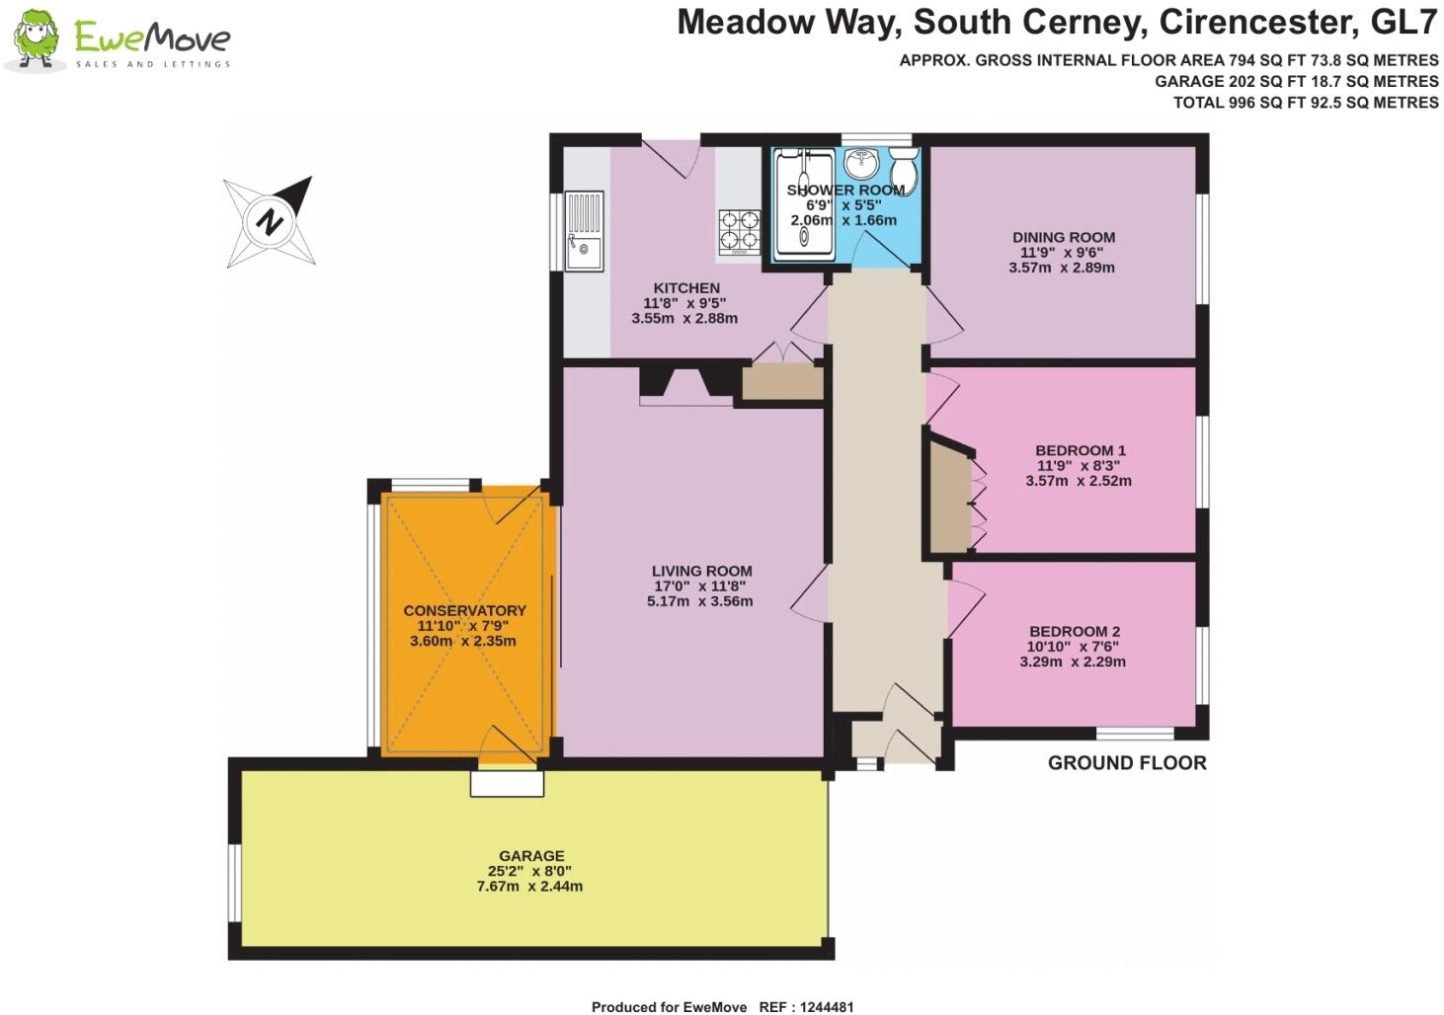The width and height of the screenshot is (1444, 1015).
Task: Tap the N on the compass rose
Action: point(269,221)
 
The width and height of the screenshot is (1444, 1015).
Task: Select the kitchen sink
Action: point(584,231)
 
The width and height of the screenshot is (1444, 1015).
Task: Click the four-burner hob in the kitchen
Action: point(739,231)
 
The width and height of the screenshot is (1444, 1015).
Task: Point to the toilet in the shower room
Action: point(904,170)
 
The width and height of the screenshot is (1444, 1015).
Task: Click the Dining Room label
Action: point(1063,237)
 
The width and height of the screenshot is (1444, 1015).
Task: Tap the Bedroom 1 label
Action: point(1066,450)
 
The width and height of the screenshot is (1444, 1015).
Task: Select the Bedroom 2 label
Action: point(1074,632)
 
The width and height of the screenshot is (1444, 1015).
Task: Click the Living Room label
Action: point(701,571)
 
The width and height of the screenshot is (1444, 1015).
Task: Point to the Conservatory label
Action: point(464,610)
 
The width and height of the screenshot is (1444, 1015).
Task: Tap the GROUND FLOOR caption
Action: point(1126,763)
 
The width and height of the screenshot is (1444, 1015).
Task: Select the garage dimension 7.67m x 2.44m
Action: point(530,887)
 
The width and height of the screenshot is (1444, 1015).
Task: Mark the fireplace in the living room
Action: point(685,386)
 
